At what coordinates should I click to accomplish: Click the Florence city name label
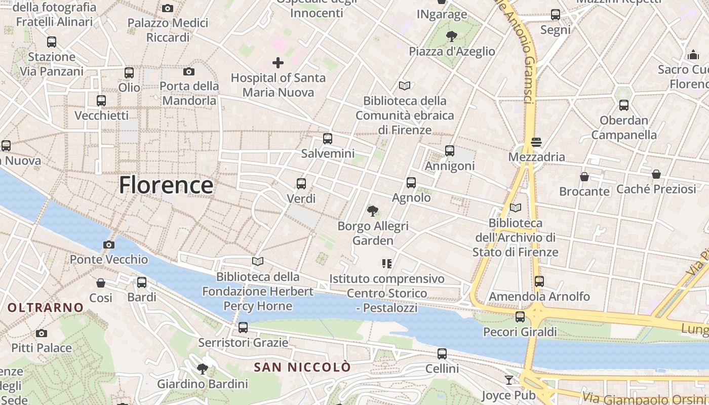pyautogui.click(x=166, y=185)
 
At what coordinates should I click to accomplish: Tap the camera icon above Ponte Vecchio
pyautogui.click(x=108, y=245)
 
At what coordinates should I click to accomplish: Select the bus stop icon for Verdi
pyautogui.click(x=301, y=184)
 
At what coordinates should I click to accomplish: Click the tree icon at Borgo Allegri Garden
pyautogui.click(x=373, y=211)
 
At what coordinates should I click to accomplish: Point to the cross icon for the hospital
pyautogui.click(x=278, y=63)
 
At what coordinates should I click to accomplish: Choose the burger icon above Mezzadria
pyautogui.click(x=536, y=142)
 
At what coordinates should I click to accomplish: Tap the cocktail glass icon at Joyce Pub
pyautogui.click(x=509, y=380)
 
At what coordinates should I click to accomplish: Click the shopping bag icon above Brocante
pyautogui.click(x=584, y=177)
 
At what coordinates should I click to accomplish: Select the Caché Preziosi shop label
pyautogui.click(x=656, y=189)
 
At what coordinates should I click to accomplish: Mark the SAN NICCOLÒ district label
pyautogui.click(x=302, y=367)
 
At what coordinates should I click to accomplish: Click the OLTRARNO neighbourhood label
pyautogui.click(x=46, y=307)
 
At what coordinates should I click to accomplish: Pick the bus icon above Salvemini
pyautogui.click(x=328, y=138)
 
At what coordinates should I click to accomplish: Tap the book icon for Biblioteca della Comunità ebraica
pyautogui.click(x=405, y=86)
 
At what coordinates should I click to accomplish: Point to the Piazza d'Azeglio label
pyautogui.click(x=452, y=51)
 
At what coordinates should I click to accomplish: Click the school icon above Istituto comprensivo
pyautogui.click(x=387, y=263)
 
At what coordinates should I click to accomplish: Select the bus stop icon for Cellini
pyautogui.click(x=442, y=354)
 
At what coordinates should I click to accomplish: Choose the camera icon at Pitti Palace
pyautogui.click(x=42, y=333)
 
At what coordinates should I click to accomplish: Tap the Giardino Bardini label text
pyautogui.click(x=203, y=384)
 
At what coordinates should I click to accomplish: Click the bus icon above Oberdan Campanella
pyautogui.click(x=624, y=105)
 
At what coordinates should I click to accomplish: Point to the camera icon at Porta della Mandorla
pyautogui.click(x=189, y=71)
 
